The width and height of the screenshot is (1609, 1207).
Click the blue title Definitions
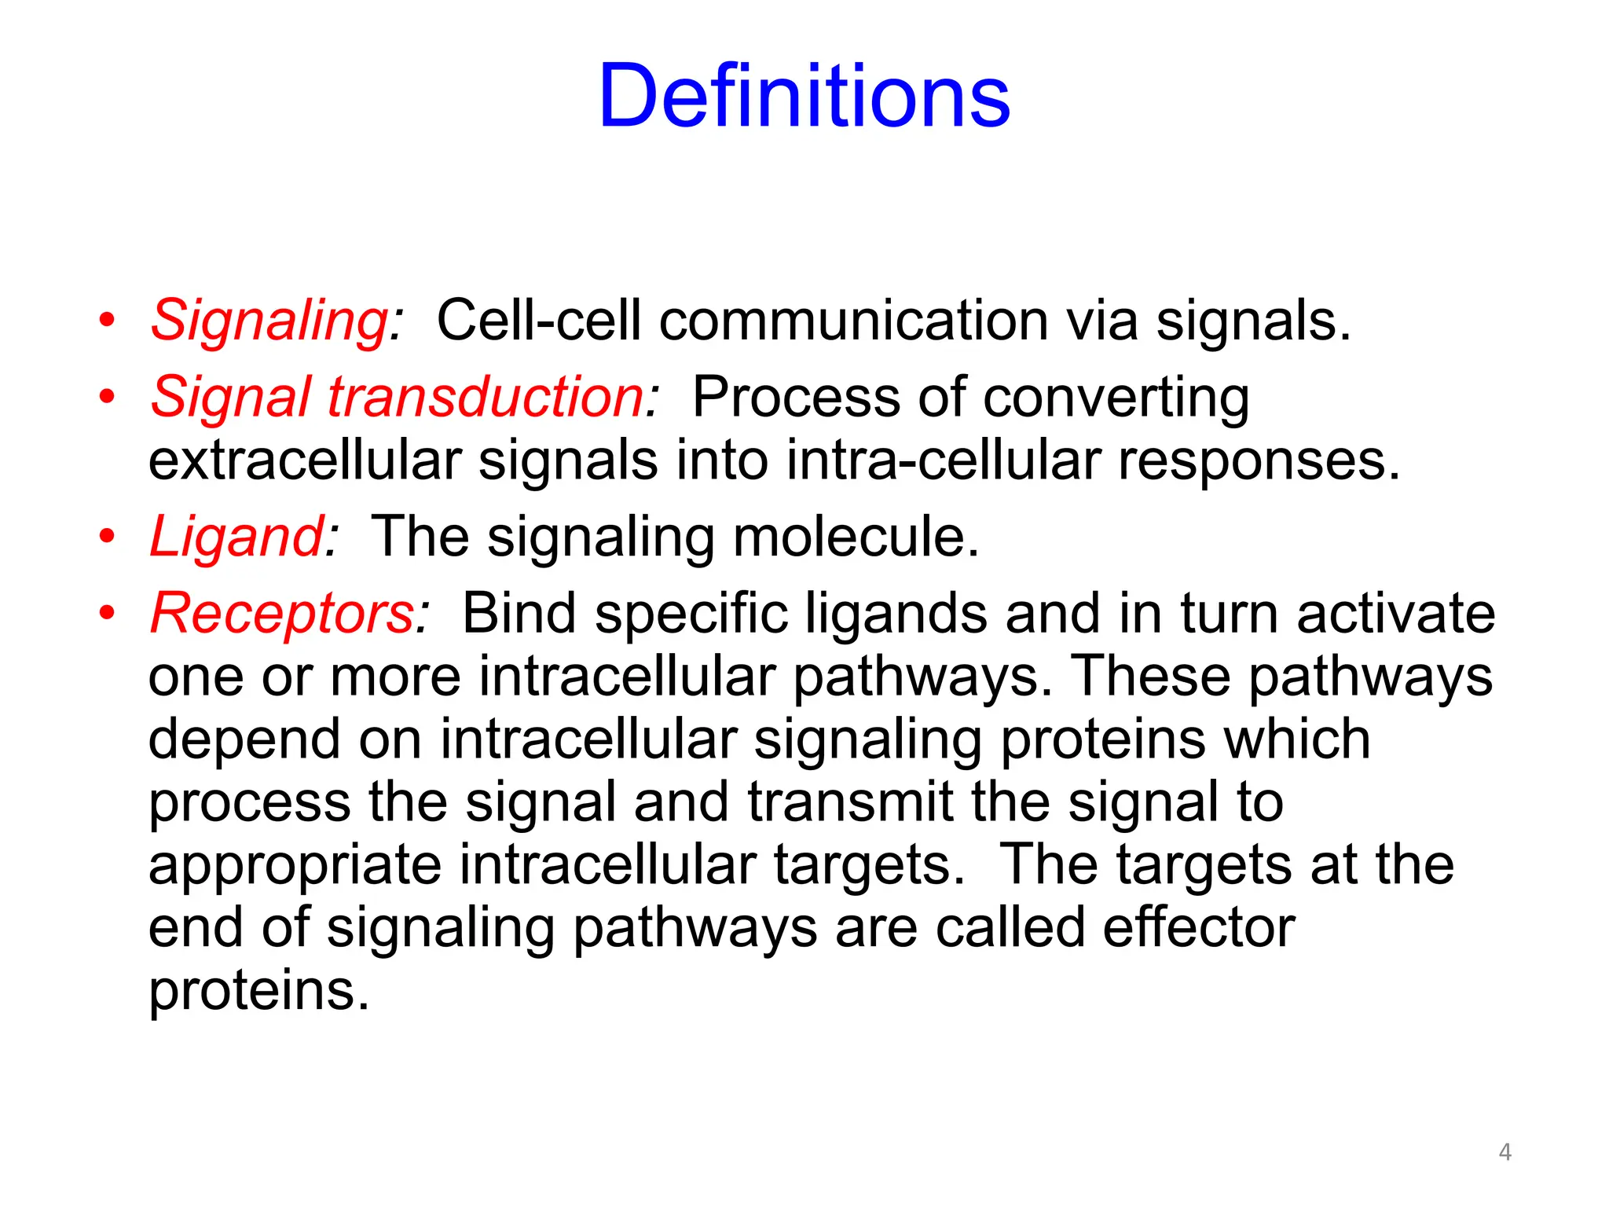[804, 96]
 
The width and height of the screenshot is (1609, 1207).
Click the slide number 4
[1505, 1152]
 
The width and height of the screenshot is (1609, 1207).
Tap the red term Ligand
[236, 537]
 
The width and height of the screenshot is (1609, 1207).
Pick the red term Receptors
[282, 613]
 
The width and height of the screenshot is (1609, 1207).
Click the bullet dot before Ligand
[107, 537]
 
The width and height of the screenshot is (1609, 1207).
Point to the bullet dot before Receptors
[107, 613]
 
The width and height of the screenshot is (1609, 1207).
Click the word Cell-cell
[538, 321]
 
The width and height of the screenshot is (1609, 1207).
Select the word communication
[853, 321]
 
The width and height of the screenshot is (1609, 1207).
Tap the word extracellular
[304, 460]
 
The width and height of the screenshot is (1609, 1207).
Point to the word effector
[1198, 927]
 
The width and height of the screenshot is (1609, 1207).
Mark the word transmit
[850, 802]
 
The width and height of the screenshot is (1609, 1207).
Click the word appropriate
[295, 866]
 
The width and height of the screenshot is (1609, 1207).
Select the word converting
[1116, 398]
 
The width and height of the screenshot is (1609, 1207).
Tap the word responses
[1259, 462]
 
